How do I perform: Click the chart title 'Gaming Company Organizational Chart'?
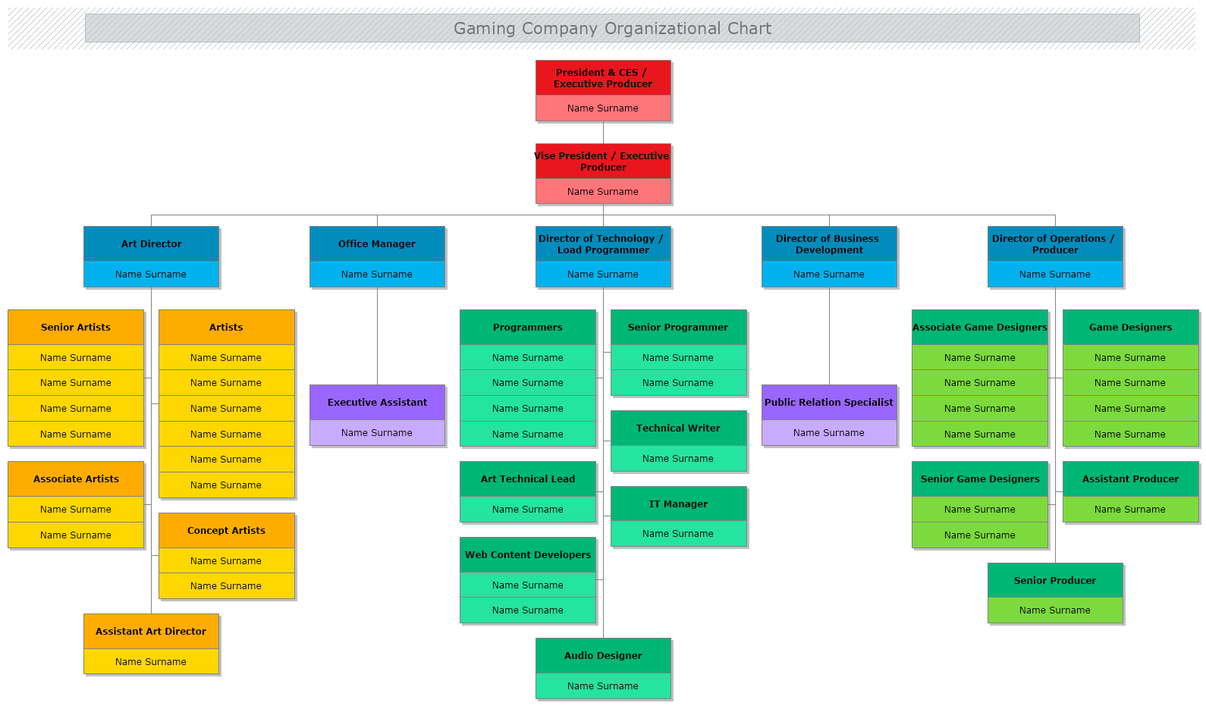coord(612,29)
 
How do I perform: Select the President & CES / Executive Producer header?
coord(603,78)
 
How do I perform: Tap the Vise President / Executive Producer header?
coord(603,162)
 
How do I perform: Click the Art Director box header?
coord(151,244)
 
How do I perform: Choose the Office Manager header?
coord(377,244)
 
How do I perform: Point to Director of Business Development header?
coord(829,244)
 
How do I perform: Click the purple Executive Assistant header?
coord(377,403)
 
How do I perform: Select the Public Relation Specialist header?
coord(829,403)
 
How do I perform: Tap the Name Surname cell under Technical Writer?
coord(678,459)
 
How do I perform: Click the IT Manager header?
coord(678,504)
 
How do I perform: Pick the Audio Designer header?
coord(603,656)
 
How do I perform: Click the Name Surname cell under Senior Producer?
coord(1055,610)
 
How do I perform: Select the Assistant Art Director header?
coord(151,632)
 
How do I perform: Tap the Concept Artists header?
coord(226,531)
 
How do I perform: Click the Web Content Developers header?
coord(528,555)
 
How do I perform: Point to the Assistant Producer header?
coord(1130,479)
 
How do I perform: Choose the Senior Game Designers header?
coord(980,479)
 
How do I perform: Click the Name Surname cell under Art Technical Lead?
coord(528,510)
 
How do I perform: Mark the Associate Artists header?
coord(76,479)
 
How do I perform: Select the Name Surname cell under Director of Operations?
coord(1055,275)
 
